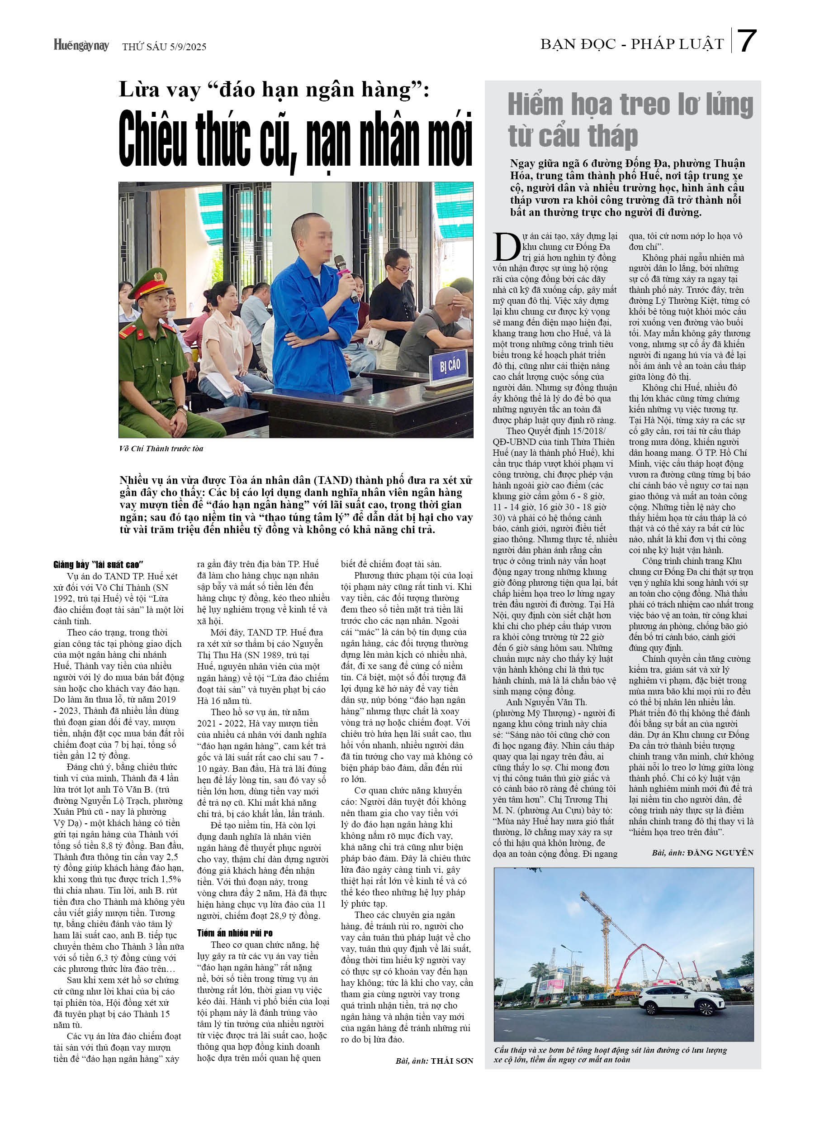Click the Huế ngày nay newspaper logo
(x=81, y=46)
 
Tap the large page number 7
(x=746, y=41)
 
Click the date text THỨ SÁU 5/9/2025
(x=164, y=47)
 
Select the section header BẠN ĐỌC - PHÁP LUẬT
(x=632, y=44)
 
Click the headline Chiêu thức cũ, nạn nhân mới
(x=295, y=139)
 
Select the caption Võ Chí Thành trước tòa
(x=161, y=449)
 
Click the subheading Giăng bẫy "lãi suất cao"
(x=99, y=564)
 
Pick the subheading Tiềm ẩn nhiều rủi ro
(x=235, y=933)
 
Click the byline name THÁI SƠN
(x=452, y=1061)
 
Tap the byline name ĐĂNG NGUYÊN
(x=720, y=852)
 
